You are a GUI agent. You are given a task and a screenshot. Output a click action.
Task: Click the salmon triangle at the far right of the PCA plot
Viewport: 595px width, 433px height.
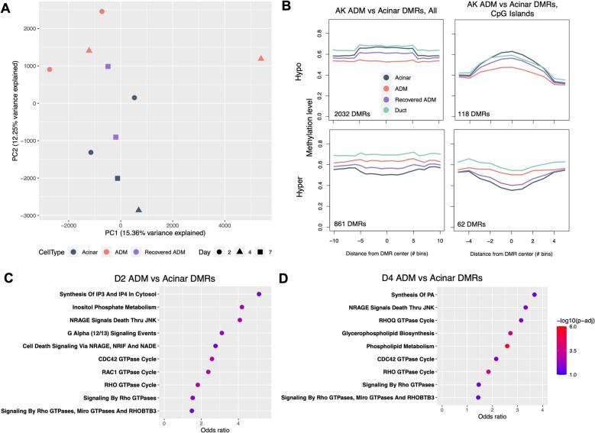(261, 58)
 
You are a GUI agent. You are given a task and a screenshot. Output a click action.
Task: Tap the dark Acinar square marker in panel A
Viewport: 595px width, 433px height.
(118, 178)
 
